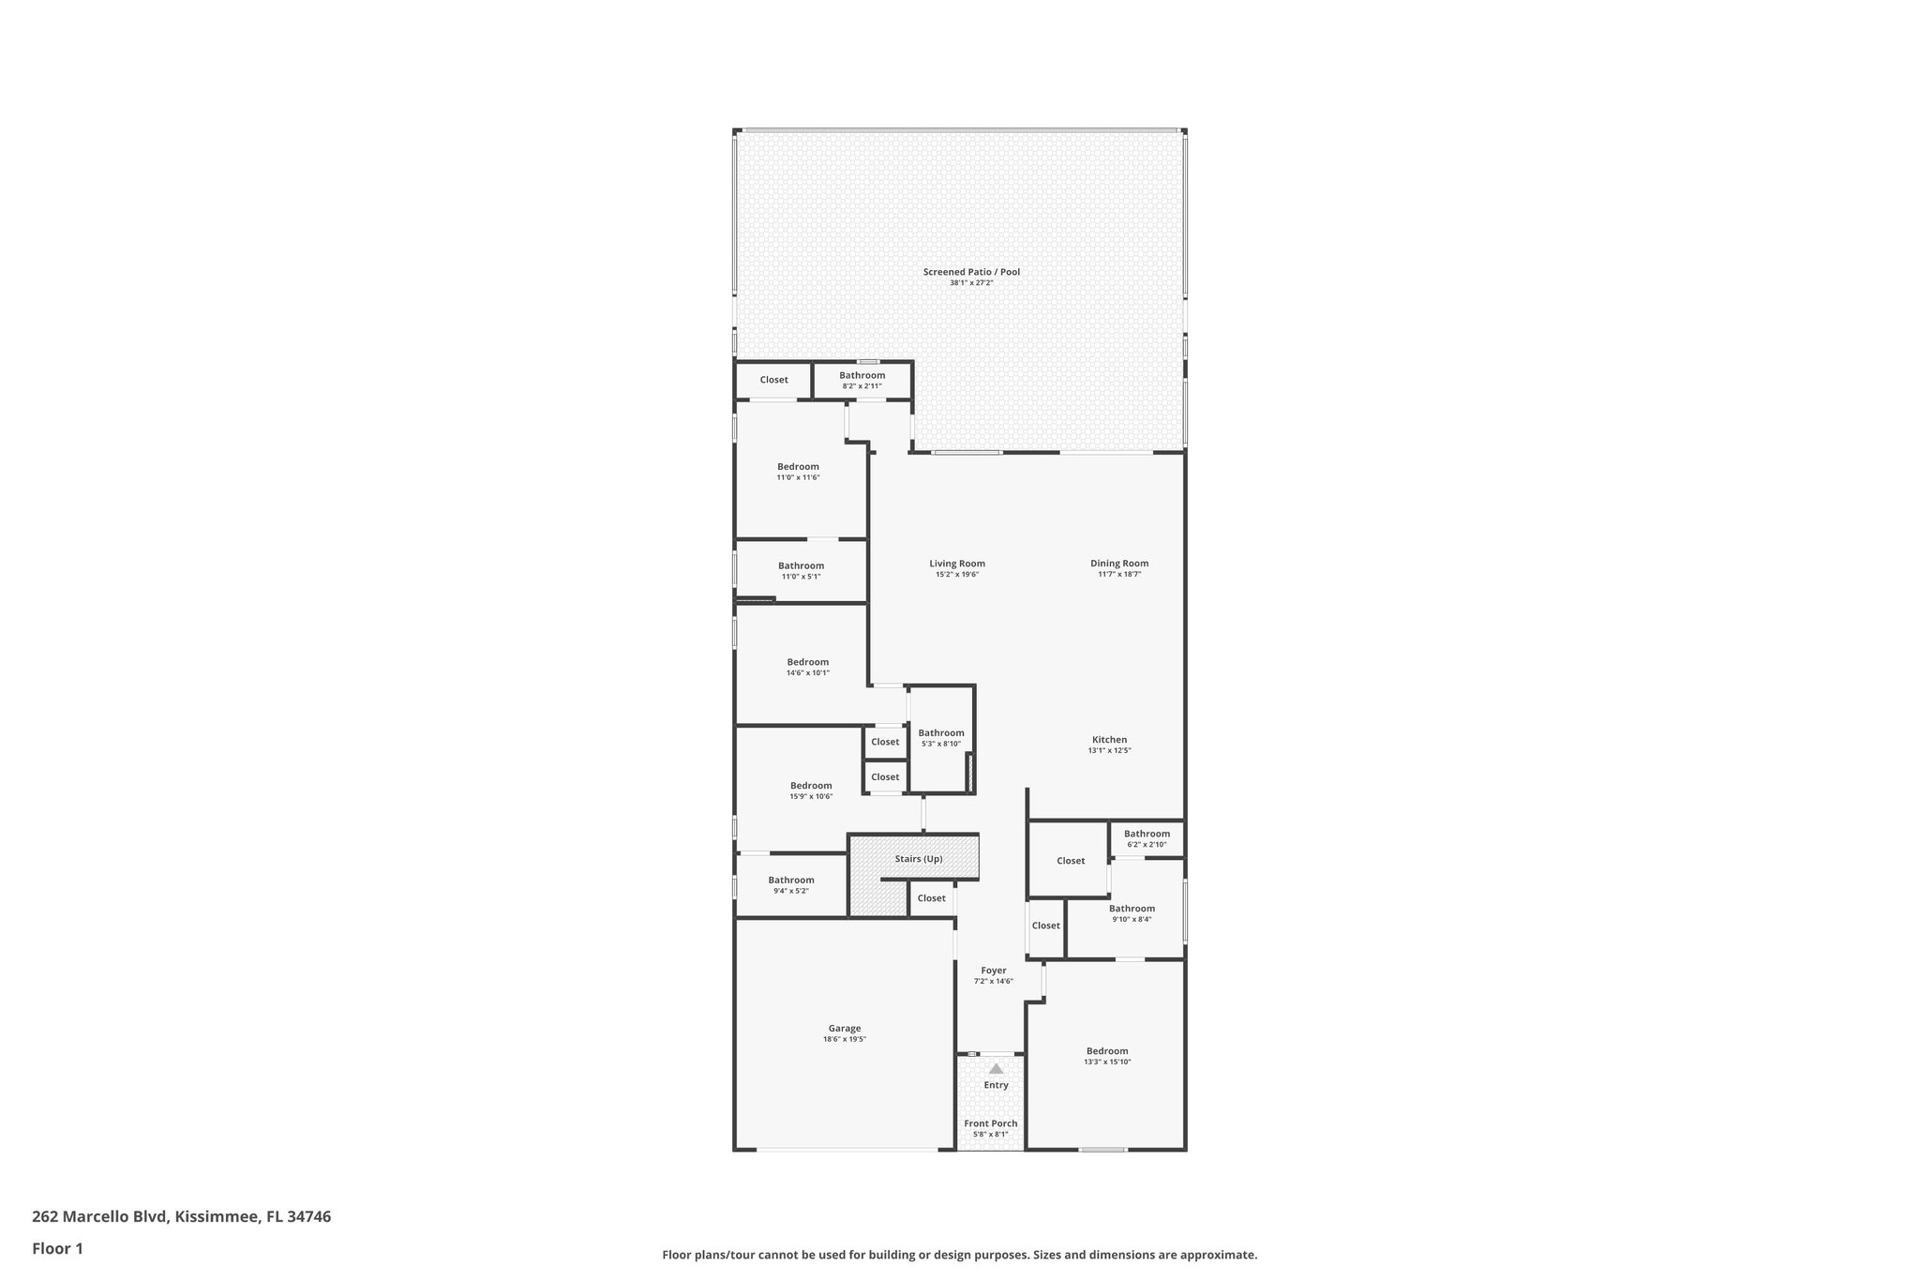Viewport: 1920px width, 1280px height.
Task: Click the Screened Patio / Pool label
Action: pyautogui.click(x=971, y=272)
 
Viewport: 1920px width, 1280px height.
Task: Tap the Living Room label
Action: pyautogui.click(x=957, y=564)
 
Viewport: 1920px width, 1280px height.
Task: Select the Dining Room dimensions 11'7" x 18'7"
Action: pyautogui.click(x=1119, y=574)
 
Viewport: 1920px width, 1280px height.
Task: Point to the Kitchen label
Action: pyautogui.click(x=1109, y=740)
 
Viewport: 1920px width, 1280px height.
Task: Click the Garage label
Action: pyautogui.click(x=844, y=1029)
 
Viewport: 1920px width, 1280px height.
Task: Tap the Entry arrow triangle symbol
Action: pyautogui.click(x=996, y=1068)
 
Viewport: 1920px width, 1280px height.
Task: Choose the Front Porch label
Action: pyautogui.click(x=991, y=1123)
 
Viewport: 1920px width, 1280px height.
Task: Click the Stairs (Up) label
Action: pyautogui.click(x=919, y=859)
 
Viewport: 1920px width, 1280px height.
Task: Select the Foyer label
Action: pyautogui.click(x=994, y=971)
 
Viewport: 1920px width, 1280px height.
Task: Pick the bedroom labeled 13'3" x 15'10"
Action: pyautogui.click(x=1107, y=1056)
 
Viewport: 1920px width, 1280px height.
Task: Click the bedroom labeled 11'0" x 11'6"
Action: pyautogui.click(x=798, y=472)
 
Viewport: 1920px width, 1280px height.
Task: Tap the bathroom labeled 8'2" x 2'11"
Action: pyautogui.click(x=862, y=380)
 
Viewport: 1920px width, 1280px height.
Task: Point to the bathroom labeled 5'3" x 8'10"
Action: pyautogui.click(x=941, y=738)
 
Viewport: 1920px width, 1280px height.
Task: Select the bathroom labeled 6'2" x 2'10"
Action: pyautogui.click(x=1147, y=838)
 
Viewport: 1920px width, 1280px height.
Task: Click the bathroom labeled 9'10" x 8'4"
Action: pyautogui.click(x=1132, y=913)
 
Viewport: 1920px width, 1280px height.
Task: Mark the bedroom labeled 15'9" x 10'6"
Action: pyautogui.click(x=811, y=791)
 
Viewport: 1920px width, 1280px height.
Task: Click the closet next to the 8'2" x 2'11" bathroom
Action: pyautogui.click(x=773, y=380)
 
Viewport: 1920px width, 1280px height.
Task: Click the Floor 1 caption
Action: pyautogui.click(x=57, y=1249)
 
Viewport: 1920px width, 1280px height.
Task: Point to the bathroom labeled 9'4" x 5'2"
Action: pyautogui.click(x=791, y=884)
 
